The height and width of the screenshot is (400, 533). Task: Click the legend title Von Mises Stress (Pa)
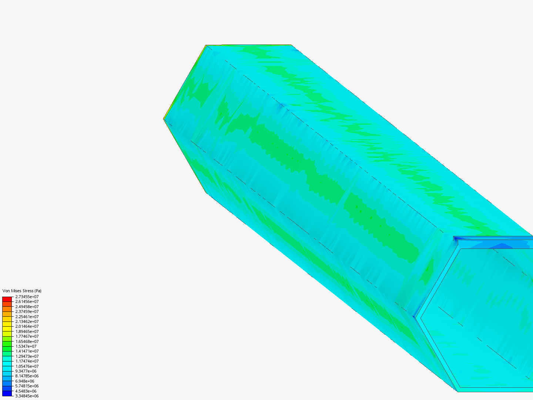pyautogui.click(x=22, y=291)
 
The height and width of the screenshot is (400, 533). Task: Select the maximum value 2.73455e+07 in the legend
pyautogui.click(x=27, y=297)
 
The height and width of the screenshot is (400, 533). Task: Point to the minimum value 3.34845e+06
pyautogui.click(x=27, y=396)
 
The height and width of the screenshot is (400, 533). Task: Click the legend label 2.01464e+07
pyautogui.click(x=27, y=326)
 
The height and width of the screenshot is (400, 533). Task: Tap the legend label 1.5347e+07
pyautogui.click(x=26, y=346)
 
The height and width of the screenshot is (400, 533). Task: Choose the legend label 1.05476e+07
pyautogui.click(x=27, y=366)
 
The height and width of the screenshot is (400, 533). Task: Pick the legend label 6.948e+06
pyautogui.click(x=24, y=381)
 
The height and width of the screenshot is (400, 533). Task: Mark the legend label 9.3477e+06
pyautogui.click(x=26, y=371)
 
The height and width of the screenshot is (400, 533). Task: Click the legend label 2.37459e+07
pyautogui.click(x=27, y=311)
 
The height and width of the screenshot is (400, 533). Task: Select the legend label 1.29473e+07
pyautogui.click(x=27, y=356)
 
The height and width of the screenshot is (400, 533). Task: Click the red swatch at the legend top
pyautogui.click(x=7, y=299)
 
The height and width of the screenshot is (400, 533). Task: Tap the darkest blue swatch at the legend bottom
pyautogui.click(x=7, y=393)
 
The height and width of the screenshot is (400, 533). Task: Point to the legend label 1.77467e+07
pyautogui.click(x=27, y=336)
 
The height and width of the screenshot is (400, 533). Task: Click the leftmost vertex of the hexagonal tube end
pyautogui.click(x=164, y=119)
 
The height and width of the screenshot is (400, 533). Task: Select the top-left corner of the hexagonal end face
pyautogui.click(x=206, y=46)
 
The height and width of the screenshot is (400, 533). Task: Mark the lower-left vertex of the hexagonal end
pyautogui.click(x=205, y=193)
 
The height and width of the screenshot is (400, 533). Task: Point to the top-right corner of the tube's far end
pyautogui.click(x=291, y=45)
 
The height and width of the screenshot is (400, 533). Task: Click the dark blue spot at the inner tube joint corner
pyautogui.click(x=414, y=316)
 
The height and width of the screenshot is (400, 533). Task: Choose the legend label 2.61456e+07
pyautogui.click(x=27, y=301)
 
